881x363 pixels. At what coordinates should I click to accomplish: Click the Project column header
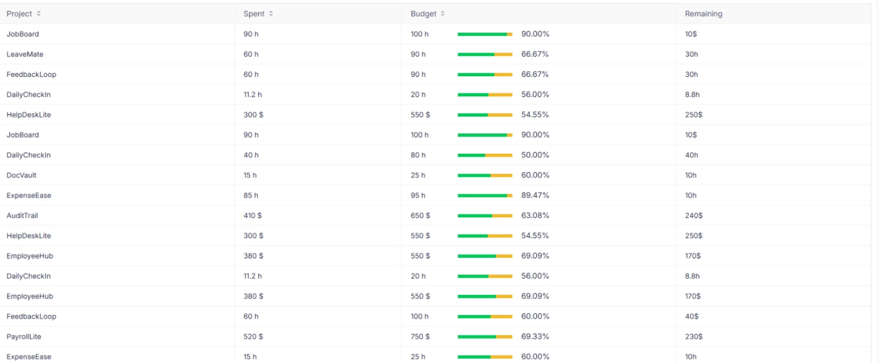click(19, 14)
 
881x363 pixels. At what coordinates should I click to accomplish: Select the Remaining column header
click(703, 14)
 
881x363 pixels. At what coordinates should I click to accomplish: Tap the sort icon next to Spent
click(271, 14)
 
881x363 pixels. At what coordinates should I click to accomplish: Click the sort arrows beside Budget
click(442, 14)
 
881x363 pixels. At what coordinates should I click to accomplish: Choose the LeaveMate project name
click(25, 54)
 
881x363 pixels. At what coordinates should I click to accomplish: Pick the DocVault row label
click(22, 175)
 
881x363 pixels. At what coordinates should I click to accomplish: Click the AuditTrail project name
click(22, 216)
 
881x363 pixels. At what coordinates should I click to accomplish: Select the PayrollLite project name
click(23, 337)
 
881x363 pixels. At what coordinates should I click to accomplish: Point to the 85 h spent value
click(251, 195)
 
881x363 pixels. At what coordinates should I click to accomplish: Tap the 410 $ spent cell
click(253, 216)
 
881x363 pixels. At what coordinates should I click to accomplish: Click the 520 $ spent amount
click(253, 337)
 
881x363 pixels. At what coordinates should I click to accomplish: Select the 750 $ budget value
click(420, 337)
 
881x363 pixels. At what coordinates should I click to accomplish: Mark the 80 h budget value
click(418, 155)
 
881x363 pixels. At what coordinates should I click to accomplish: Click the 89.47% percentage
click(535, 195)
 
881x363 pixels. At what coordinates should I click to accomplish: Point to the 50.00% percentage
click(535, 155)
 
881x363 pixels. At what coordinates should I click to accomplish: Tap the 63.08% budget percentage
click(535, 216)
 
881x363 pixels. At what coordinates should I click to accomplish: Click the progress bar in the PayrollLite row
click(485, 337)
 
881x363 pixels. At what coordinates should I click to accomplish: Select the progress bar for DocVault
click(485, 175)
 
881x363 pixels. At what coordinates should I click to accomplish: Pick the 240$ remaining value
click(694, 216)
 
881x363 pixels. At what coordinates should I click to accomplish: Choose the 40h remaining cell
click(691, 155)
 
